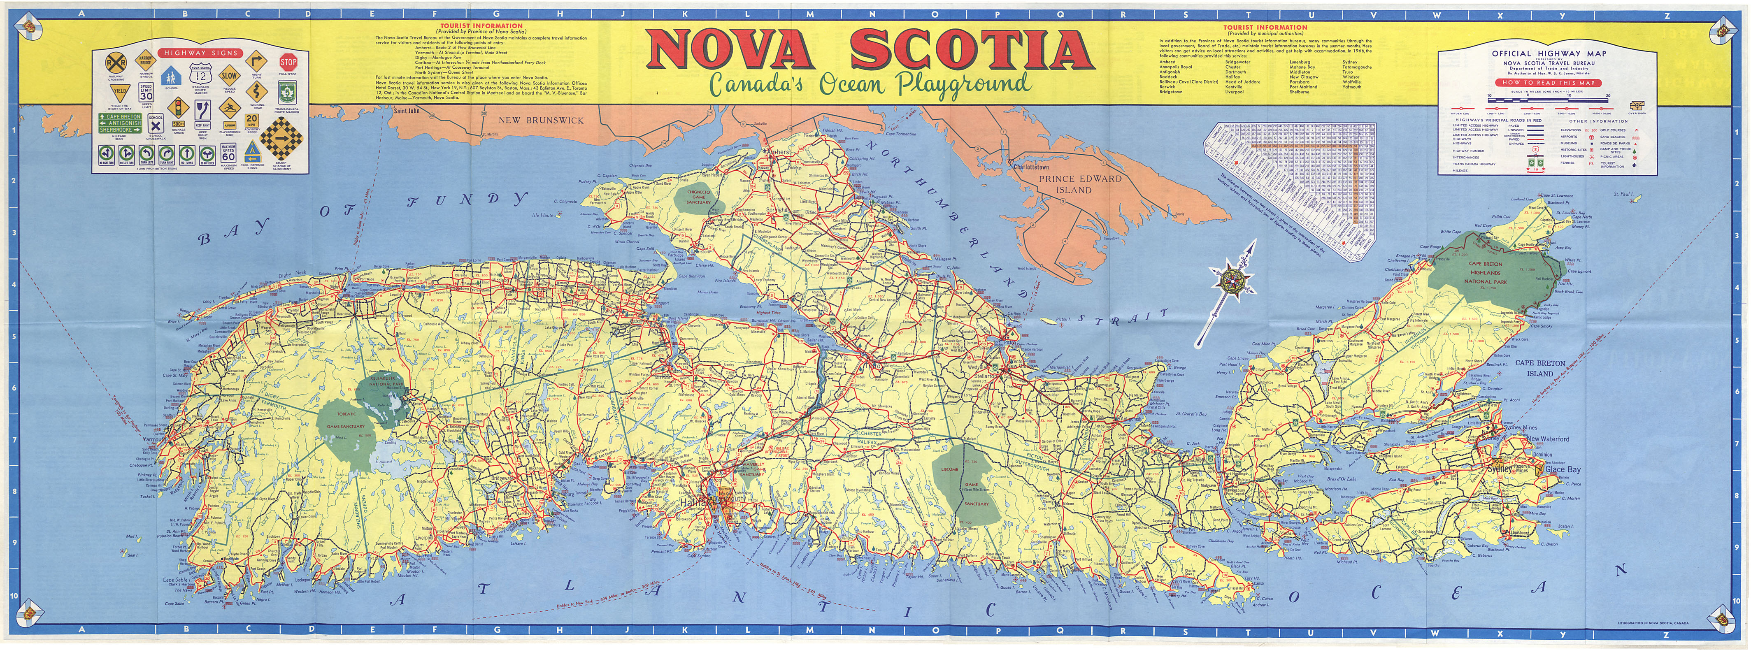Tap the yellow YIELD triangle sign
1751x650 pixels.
pyautogui.click(x=120, y=91)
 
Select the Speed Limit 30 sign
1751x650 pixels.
pyautogui.click(x=146, y=93)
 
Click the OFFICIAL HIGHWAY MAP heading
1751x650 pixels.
pyautogui.click(x=1524, y=53)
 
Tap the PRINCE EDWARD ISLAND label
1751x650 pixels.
pyautogui.click(x=1074, y=184)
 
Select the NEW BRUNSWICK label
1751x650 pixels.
pyautogui.click(x=541, y=120)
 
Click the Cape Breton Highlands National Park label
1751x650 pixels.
pyautogui.click(x=1485, y=272)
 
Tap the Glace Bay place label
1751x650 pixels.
pyautogui.click(x=1563, y=469)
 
